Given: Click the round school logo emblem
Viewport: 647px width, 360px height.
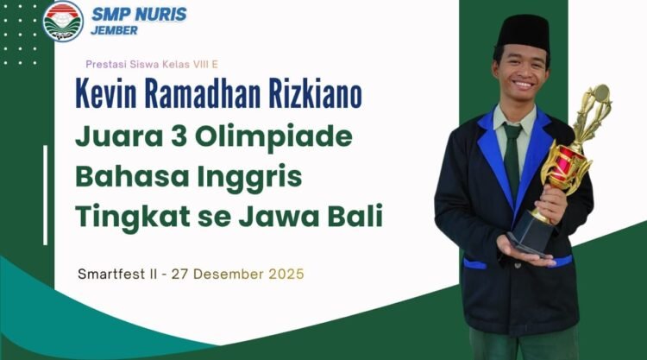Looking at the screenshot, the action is pyautogui.click(x=63, y=21).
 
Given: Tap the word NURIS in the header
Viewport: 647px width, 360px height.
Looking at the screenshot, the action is pyautogui.click(x=161, y=15).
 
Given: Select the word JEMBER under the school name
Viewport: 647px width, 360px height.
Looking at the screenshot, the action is pyautogui.click(x=114, y=30).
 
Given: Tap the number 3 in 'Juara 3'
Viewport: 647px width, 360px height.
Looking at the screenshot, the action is pyautogui.click(x=179, y=136).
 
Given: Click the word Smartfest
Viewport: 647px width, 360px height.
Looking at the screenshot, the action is pyautogui.click(x=111, y=275).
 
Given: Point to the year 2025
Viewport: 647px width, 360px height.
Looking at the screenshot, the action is pyautogui.click(x=286, y=275).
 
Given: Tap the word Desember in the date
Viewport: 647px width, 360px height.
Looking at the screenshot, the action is pyautogui.click(x=229, y=275).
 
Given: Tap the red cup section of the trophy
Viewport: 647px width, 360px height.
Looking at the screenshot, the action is pyautogui.click(x=567, y=164).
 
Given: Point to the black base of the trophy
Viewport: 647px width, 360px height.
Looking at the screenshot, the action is pyautogui.click(x=532, y=233).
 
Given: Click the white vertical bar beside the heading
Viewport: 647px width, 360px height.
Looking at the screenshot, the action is pyautogui.click(x=46, y=195).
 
